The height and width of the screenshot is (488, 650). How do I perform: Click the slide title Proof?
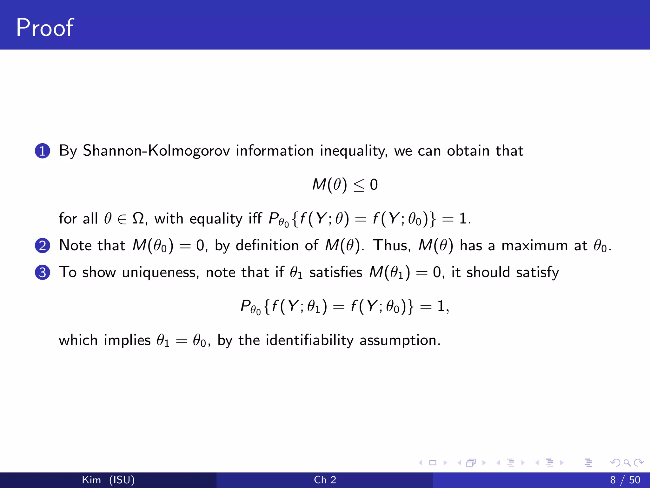tap(45, 28)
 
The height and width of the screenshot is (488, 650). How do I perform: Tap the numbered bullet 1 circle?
tap(43, 151)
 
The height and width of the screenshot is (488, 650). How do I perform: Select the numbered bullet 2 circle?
tap(43, 246)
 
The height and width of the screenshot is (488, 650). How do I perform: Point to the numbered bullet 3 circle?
tap(43, 273)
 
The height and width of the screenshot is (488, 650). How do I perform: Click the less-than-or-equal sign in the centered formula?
tap(359, 185)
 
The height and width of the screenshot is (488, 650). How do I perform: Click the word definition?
tap(267, 246)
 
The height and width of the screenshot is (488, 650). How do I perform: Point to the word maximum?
tap(534, 246)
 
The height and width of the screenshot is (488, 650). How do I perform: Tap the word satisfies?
tap(336, 273)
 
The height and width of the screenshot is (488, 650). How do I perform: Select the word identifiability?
tap(309, 340)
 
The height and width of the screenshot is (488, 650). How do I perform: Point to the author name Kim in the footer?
tap(91, 480)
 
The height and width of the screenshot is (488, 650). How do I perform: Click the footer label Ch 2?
tap(325, 480)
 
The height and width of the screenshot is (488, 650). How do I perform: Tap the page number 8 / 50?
tap(625, 480)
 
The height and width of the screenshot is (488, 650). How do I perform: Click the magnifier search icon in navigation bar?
tap(627, 463)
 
